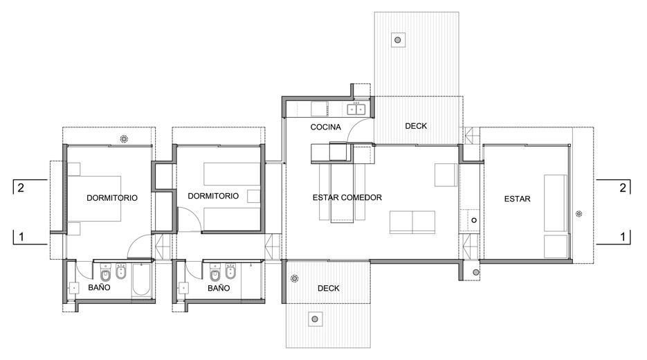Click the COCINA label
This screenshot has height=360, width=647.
tap(326, 127)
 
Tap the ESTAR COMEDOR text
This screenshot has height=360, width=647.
tap(347, 197)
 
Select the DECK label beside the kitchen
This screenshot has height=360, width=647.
tap(416, 126)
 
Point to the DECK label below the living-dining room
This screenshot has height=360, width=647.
tap(328, 289)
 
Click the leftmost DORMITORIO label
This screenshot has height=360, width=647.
tap(112, 198)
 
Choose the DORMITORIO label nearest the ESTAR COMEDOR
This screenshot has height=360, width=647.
tap(213, 196)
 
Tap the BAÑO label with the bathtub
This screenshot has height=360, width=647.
tap(101, 287)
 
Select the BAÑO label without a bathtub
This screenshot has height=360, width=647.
tap(218, 287)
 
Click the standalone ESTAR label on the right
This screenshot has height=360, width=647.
tap(518, 199)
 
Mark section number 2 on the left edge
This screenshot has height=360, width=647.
tap(21, 188)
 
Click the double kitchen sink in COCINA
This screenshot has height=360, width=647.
tap(356, 109)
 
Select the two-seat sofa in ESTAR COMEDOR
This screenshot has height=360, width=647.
tap(412, 222)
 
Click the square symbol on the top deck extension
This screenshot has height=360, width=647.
tap(398, 39)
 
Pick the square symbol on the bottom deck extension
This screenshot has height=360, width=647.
tap(315, 319)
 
